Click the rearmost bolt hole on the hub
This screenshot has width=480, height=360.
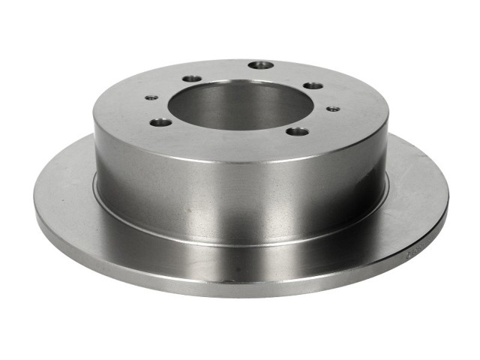tap(260, 65)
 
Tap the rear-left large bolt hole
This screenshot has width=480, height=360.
tap(192, 78)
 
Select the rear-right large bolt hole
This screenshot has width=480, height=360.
tap(313, 85)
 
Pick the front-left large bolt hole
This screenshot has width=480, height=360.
tap(160, 122)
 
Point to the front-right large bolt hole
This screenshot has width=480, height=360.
tap(297, 131)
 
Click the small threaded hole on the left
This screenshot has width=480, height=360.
tap(151, 97)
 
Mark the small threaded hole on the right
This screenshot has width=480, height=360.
tap(331, 109)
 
